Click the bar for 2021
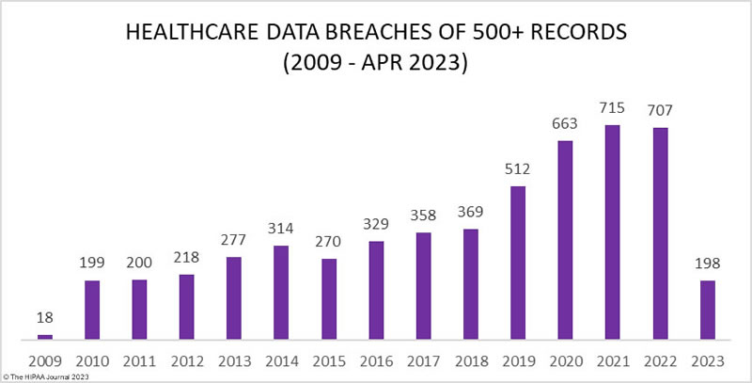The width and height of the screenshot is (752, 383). [x=612, y=232]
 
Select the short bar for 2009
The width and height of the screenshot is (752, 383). [x=44, y=336]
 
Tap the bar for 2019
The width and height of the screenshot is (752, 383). [x=517, y=263]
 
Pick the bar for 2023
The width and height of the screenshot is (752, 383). [x=707, y=310]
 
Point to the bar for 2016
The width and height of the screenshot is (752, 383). [x=375, y=290]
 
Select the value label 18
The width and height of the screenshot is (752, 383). [x=44, y=320]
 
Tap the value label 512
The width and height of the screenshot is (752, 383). [x=517, y=170]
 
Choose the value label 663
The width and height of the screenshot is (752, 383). [x=565, y=125]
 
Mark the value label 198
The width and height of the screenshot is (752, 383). [x=707, y=265]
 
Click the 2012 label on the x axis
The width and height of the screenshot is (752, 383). [x=186, y=359]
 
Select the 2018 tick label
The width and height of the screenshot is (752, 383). [x=470, y=359]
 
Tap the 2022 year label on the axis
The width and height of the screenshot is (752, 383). [x=659, y=359]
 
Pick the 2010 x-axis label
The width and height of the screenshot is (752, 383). [x=91, y=359]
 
